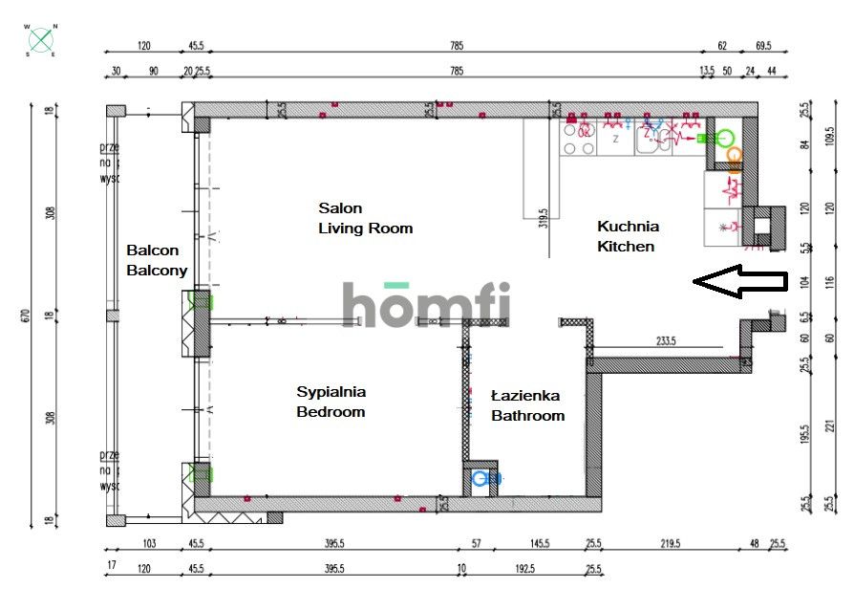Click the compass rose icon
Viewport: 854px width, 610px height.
coord(41,40)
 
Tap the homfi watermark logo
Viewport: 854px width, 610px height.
coord(426,303)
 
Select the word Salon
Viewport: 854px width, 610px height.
coord(340,207)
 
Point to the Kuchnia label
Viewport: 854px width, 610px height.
coord(628,227)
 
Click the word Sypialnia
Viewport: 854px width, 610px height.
coord(331,391)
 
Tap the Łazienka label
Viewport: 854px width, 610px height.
coord(524,395)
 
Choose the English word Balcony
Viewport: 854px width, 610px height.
coord(157,271)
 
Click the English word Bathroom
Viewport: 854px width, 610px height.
coord(527,416)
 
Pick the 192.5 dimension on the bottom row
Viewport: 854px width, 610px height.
coord(525,569)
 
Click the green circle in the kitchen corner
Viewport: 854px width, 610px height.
coord(725,138)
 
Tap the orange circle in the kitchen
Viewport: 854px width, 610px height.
coord(734,153)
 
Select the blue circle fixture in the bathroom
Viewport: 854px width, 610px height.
coord(480,478)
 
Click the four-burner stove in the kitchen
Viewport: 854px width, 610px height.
coord(578,137)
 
